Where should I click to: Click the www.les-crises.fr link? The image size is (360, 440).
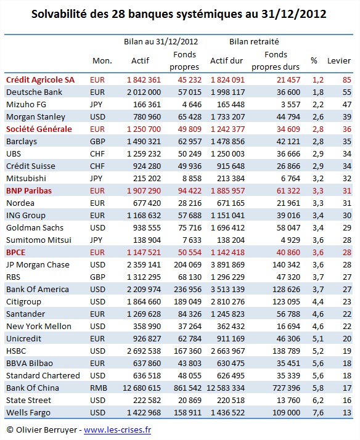(x=117, y=430)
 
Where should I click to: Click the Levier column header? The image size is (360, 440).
(x=338, y=60)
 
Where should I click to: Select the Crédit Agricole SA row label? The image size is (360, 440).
(x=41, y=79)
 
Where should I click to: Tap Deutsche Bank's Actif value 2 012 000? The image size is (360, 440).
(x=144, y=92)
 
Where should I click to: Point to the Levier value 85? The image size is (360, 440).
(x=347, y=79)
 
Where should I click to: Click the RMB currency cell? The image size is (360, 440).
(x=99, y=388)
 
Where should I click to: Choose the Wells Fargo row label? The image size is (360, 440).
(x=28, y=412)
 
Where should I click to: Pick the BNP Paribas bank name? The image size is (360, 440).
(x=29, y=190)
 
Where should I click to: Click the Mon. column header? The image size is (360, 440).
(x=102, y=60)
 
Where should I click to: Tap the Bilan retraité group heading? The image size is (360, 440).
(x=254, y=41)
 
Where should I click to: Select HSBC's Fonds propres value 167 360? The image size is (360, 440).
(x=188, y=351)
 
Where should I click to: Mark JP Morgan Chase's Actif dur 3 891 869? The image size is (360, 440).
(x=228, y=264)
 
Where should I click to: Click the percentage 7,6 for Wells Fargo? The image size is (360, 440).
(x=318, y=412)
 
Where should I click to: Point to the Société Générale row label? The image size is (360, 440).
(x=39, y=129)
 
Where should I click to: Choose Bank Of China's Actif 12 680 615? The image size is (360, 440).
(x=142, y=388)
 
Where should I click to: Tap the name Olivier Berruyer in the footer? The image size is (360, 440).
(x=46, y=430)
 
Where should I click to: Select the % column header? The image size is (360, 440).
(x=314, y=60)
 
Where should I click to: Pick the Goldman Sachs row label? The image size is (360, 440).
(x=35, y=227)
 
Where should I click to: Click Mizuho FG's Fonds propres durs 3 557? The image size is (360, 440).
(x=291, y=104)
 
